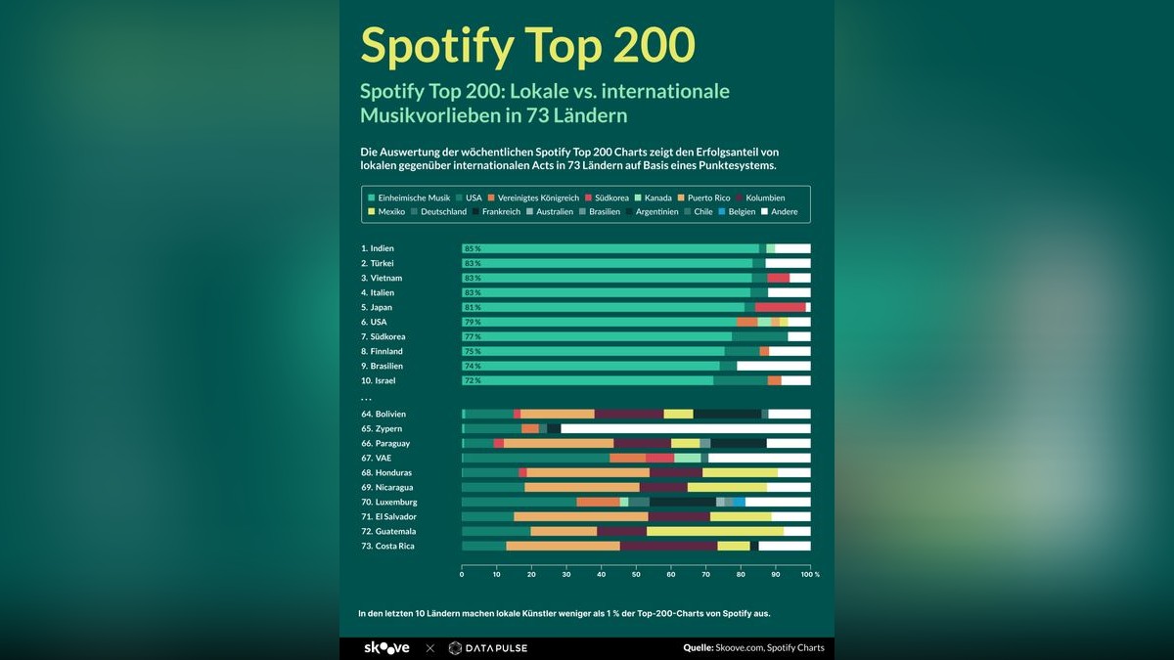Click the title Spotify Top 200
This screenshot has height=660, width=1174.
(x=527, y=44)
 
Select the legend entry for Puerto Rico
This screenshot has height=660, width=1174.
(x=708, y=198)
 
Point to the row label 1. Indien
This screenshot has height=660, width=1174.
(x=378, y=248)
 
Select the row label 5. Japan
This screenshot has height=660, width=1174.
(x=377, y=307)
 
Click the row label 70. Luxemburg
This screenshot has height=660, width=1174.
(x=388, y=502)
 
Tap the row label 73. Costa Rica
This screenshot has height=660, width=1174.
(x=388, y=546)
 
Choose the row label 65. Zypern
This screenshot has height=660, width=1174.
(x=382, y=428)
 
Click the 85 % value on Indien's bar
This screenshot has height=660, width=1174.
(x=473, y=248)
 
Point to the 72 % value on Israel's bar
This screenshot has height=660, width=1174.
(x=473, y=380)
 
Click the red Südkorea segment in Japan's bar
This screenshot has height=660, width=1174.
(x=780, y=307)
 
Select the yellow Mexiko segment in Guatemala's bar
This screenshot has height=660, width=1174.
(x=714, y=531)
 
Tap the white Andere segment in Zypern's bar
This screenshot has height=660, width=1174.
(x=685, y=428)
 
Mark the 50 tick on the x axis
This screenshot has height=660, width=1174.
(x=636, y=574)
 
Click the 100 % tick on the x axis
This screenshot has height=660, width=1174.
(x=810, y=574)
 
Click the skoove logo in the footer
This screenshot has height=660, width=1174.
(x=386, y=647)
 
